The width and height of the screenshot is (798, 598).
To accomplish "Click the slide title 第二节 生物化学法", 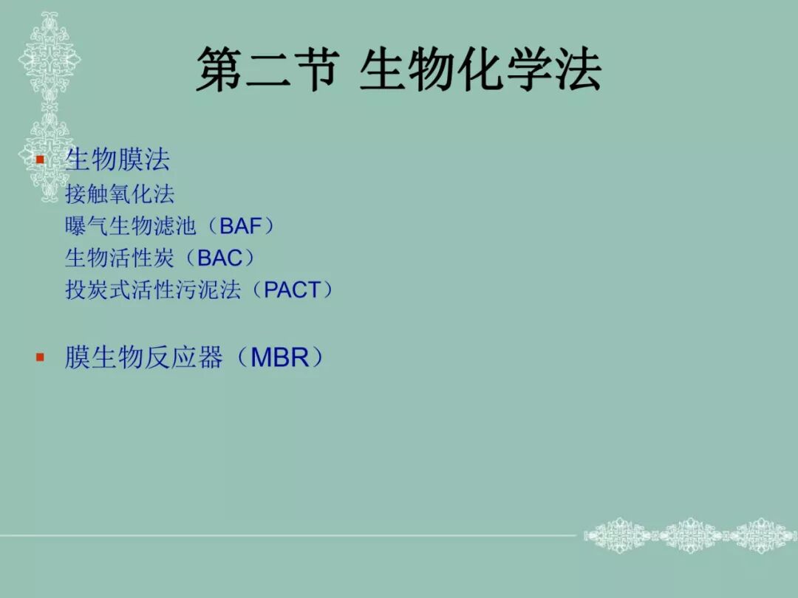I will tap(399, 71).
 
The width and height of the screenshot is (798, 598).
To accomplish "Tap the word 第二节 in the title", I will tap(267, 71).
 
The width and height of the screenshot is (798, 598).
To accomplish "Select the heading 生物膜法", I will tap(117, 159).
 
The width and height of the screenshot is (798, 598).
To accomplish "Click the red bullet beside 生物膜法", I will tap(41, 159).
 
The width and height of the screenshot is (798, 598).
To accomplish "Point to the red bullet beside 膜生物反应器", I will tap(41, 358).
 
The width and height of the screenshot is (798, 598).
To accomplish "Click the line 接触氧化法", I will tap(120, 194).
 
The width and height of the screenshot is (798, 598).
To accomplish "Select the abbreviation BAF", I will tap(241, 226).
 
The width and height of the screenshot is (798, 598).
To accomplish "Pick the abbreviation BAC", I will tap(220, 258).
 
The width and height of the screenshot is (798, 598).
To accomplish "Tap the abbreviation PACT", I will tap(292, 290).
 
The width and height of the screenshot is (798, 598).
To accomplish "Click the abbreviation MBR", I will tap(279, 358).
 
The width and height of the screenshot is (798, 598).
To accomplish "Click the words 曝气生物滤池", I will tap(130, 226).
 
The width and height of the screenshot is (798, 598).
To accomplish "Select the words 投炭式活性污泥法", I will tap(152, 290).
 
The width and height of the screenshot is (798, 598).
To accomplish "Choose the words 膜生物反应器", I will tap(143, 358).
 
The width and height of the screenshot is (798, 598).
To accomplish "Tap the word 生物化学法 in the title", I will tap(480, 71).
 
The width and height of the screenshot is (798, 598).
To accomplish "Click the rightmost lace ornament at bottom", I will tap(761, 535).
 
